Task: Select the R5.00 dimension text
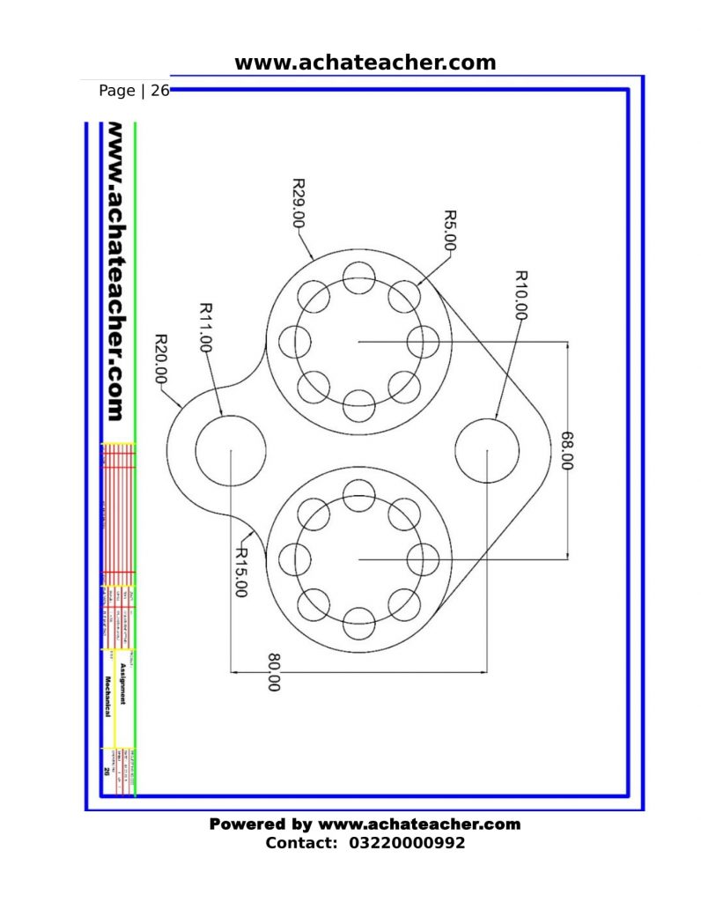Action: click(x=449, y=231)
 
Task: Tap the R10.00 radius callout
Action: click(x=520, y=294)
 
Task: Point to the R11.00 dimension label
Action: click(x=206, y=328)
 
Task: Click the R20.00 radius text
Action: click(x=162, y=358)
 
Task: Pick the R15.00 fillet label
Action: click(x=239, y=572)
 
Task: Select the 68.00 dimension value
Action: click(x=566, y=450)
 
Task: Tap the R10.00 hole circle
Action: click(x=488, y=450)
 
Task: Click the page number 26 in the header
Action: click(x=159, y=91)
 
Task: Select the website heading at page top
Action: click(x=365, y=63)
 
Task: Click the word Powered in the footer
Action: click(x=247, y=824)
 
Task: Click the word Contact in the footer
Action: click(x=300, y=843)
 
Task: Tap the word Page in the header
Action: click(x=117, y=91)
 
